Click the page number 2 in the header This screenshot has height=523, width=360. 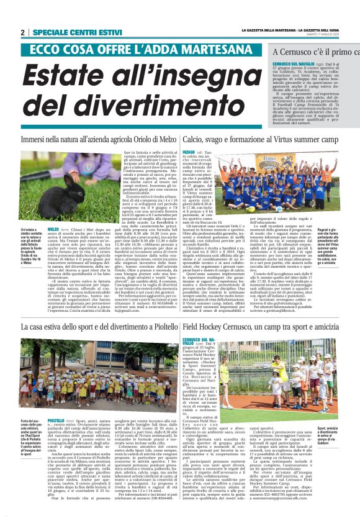coord(22,33)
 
